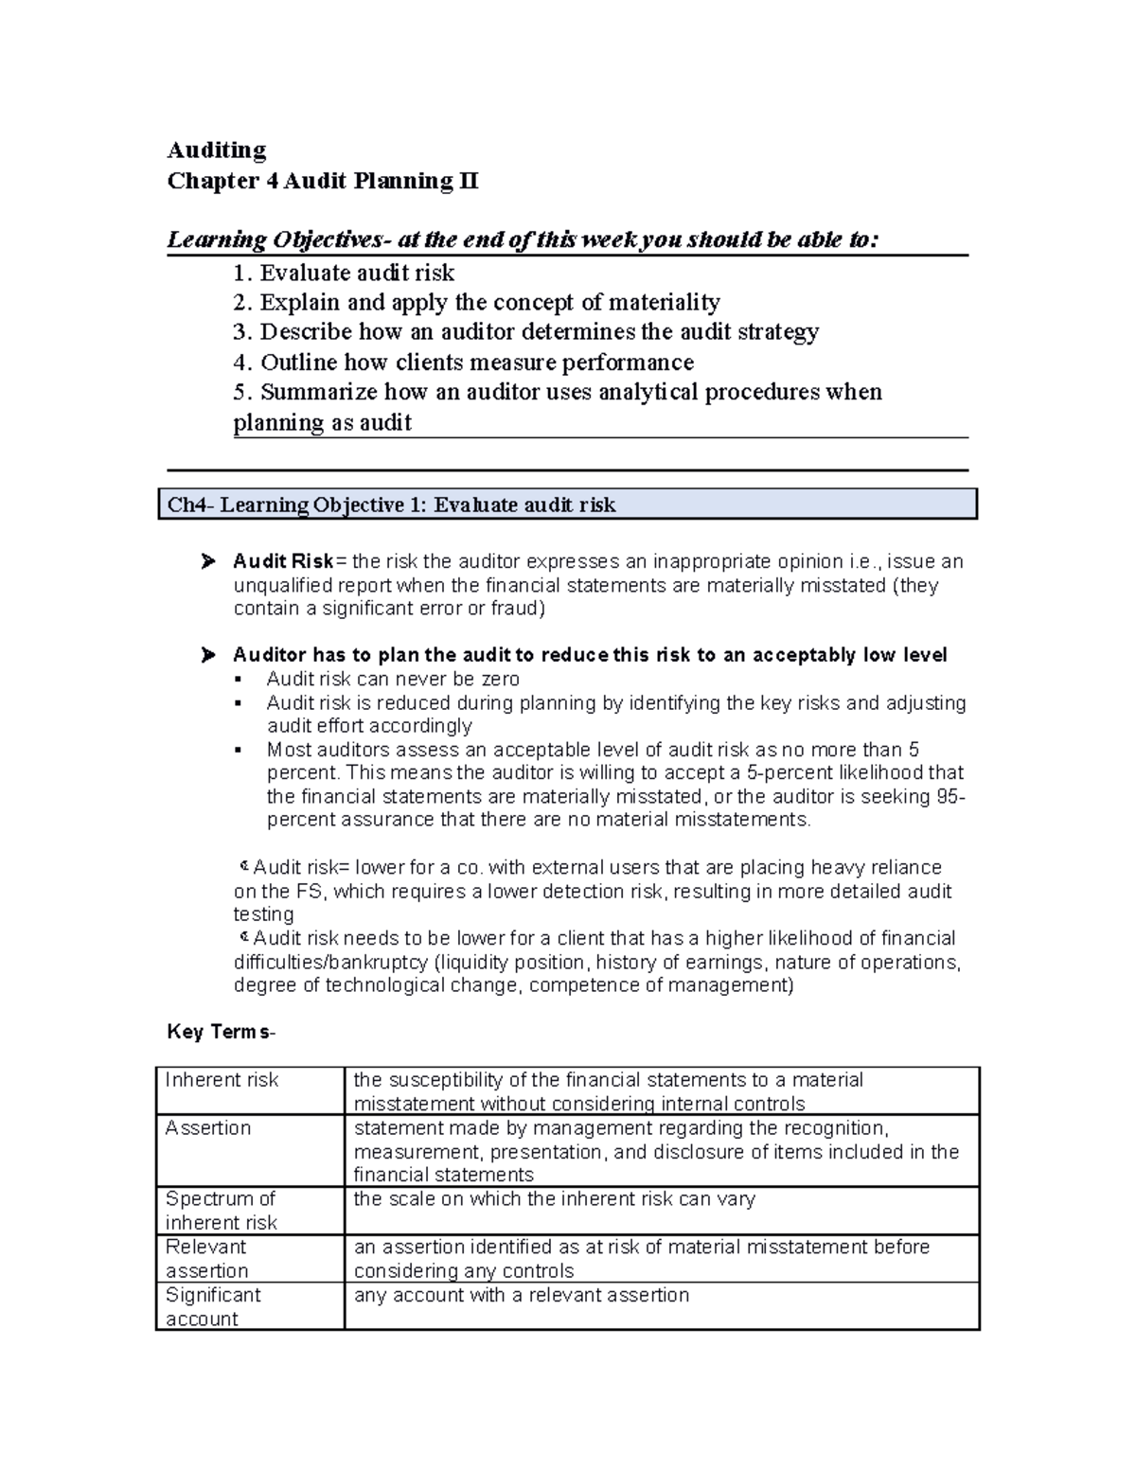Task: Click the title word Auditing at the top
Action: coord(217,151)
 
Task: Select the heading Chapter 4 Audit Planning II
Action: coord(323,181)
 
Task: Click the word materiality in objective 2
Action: coord(663,303)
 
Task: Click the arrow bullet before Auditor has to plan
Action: coord(208,655)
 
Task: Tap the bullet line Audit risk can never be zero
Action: coord(393,679)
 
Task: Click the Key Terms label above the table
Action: coord(222,1032)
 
